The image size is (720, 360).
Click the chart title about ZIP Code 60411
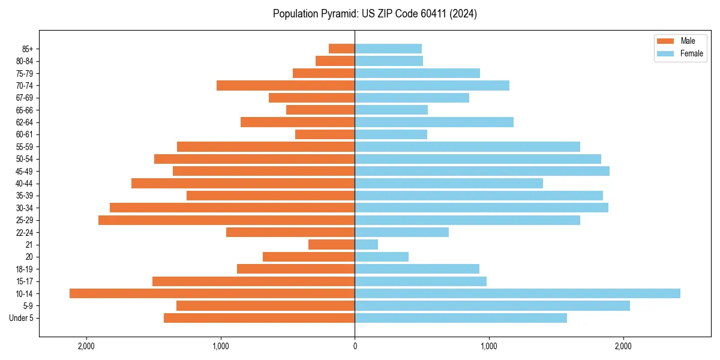(x=374, y=14)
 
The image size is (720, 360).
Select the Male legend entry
(x=679, y=41)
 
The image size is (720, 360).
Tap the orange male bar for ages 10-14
(x=212, y=293)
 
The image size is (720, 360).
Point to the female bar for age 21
(x=366, y=245)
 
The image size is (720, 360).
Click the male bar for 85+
(x=341, y=49)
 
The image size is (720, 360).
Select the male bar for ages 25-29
(x=226, y=220)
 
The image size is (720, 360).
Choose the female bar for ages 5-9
(x=492, y=306)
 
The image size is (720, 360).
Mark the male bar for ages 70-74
(x=286, y=86)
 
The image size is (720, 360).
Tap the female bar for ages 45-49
(x=482, y=171)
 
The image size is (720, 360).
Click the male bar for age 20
(x=308, y=257)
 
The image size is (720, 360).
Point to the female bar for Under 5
(x=460, y=318)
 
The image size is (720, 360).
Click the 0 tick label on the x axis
(x=355, y=346)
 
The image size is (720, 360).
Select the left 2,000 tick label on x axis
(x=86, y=346)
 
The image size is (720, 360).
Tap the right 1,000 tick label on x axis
(x=488, y=346)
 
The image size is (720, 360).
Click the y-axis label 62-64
(x=25, y=122)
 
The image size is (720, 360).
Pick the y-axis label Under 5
(x=22, y=318)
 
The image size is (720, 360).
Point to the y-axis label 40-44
(x=25, y=184)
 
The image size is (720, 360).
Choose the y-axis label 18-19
(x=25, y=269)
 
